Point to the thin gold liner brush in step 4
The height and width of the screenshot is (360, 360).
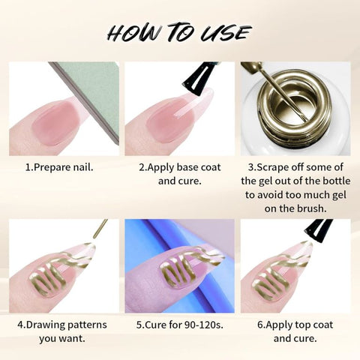(100, 229)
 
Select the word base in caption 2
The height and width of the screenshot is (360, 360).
(187, 167)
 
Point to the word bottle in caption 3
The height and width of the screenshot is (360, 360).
(335, 181)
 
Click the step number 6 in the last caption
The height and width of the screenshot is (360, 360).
(260, 325)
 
